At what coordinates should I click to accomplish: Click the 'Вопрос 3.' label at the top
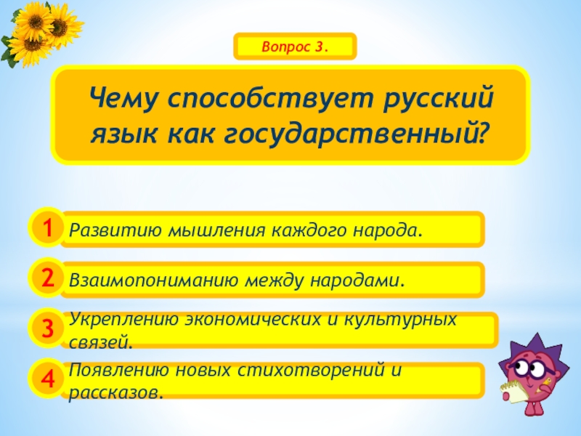[x=296, y=47]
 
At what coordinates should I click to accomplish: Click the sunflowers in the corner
[x=40, y=33]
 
